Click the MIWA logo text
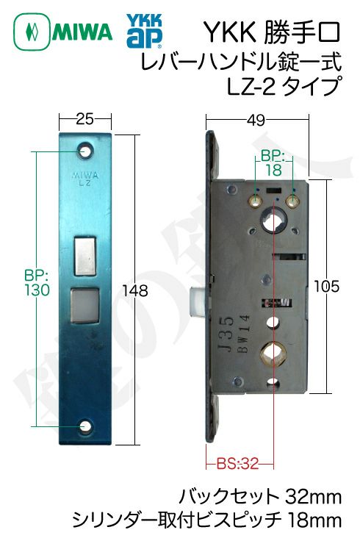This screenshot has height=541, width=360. coord(83,32)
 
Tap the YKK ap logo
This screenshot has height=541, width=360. coord(144,31)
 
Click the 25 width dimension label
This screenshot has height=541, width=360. coord(84,119)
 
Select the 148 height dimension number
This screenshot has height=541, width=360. coord(135,291)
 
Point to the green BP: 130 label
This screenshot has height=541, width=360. coord(37,283)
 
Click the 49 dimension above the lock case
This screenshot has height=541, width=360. coord(256,120)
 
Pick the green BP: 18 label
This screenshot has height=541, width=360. coord(273,163)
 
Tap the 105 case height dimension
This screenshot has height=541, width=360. coord(326,287)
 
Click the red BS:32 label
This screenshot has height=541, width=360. coord(237,464)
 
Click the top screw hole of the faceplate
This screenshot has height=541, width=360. coord(84,151)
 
